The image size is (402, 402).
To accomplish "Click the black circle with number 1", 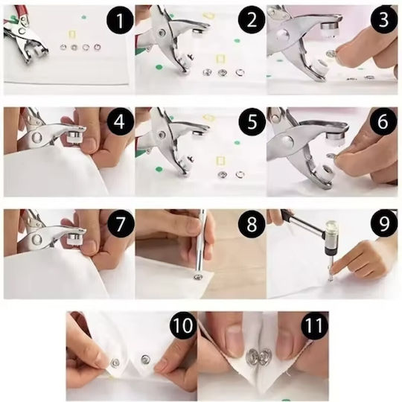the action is (x=120, y=21).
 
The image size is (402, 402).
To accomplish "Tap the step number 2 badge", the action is (x=252, y=20).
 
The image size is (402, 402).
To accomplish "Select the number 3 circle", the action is (x=383, y=20).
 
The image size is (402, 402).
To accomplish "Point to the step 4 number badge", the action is (x=120, y=122).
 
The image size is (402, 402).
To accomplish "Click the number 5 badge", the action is (x=252, y=122).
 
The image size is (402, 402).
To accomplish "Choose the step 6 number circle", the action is (x=383, y=122).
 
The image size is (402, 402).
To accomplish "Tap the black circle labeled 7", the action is (x=120, y=224).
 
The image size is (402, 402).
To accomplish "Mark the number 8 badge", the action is (x=252, y=224).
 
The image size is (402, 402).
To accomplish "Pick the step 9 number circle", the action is (x=383, y=223).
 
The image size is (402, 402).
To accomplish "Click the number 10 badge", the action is (x=183, y=325).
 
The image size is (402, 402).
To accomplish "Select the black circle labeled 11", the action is (x=314, y=325).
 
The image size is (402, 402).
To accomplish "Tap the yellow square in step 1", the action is (x=72, y=34).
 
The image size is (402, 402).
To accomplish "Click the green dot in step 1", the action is (x=83, y=17).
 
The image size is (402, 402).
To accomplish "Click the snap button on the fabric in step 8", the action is (x=198, y=277).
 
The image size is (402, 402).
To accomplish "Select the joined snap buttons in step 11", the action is (x=256, y=357).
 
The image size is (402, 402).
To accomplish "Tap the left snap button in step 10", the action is (x=115, y=363).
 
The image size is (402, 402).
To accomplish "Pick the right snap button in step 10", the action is (x=145, y=359).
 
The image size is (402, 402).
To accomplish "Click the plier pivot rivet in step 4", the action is (x=36, y=137).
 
